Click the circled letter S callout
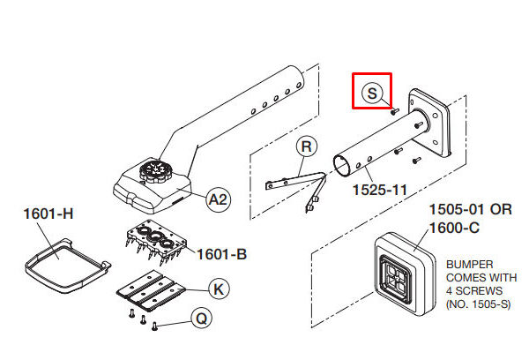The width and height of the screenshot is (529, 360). (372, 93)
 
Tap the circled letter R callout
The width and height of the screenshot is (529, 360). (306, 146)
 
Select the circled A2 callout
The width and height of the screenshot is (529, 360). (219, 199)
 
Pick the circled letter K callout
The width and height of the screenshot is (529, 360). (219, 289)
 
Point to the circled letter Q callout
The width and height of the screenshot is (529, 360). (201, 319)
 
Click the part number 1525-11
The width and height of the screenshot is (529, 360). (379, 190)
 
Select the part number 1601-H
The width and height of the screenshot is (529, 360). (48, 214)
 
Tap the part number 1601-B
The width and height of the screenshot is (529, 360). (221, 254)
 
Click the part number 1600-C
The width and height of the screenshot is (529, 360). (454, 228)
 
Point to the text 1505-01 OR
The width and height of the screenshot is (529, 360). (470, 209)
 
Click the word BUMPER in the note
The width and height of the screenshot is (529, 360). (469, 265)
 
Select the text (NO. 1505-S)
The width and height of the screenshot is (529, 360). (478, 304)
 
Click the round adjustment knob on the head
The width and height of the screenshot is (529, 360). (156, 171)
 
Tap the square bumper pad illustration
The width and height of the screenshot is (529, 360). (405, 274)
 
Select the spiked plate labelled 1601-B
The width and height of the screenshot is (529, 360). (156, 242)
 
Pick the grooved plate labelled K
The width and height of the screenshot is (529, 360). (151, 289)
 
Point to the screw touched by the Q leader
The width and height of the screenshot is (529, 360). (155, 326)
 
